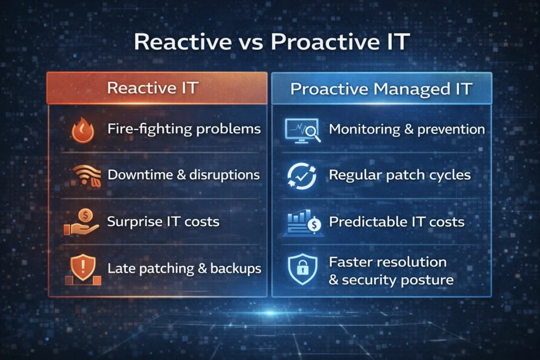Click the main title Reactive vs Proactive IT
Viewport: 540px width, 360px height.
270,43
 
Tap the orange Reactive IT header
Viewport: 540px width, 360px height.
152,87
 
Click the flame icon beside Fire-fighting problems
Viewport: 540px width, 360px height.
82,130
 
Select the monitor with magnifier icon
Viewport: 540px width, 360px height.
301,130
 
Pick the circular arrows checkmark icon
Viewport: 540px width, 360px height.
302,176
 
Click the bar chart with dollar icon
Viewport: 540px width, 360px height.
302,222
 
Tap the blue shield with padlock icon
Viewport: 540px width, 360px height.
302,270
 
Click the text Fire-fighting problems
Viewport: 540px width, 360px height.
184,129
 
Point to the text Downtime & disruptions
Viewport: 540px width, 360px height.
184,175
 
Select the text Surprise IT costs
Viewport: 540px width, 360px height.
163,221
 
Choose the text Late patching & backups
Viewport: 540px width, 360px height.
184,268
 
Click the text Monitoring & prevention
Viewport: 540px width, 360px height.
407,129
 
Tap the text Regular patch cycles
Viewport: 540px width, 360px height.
400,175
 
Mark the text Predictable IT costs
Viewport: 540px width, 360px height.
397,221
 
